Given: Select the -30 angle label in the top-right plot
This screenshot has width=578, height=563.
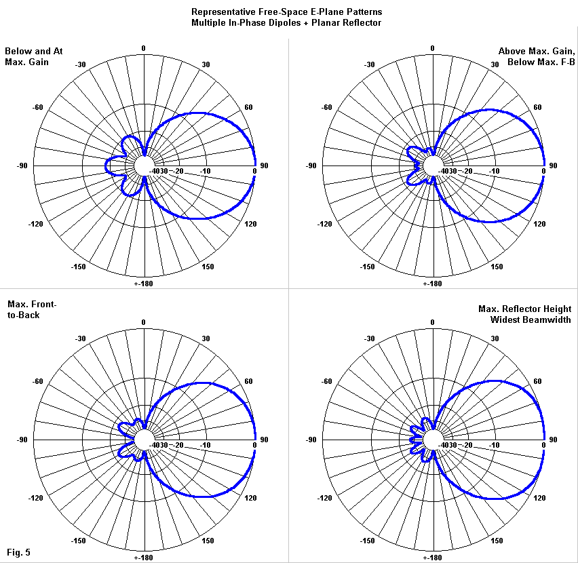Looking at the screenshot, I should pyautogui.click(x=370, y=64).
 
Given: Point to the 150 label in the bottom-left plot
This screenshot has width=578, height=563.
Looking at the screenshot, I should pyautogui.click(x=209, y=541).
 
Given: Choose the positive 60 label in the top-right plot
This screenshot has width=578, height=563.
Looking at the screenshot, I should pyautogui.click(x=537, y=107).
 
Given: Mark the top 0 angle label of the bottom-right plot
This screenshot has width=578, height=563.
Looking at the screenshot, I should pyautogui.click(x=433, y=322).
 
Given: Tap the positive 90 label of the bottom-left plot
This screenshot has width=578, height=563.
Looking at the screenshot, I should pyautogui.click(x=265, y=440).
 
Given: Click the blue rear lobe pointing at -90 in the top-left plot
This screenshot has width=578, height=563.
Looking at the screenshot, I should pyautogui.click(x=111, y=166).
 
